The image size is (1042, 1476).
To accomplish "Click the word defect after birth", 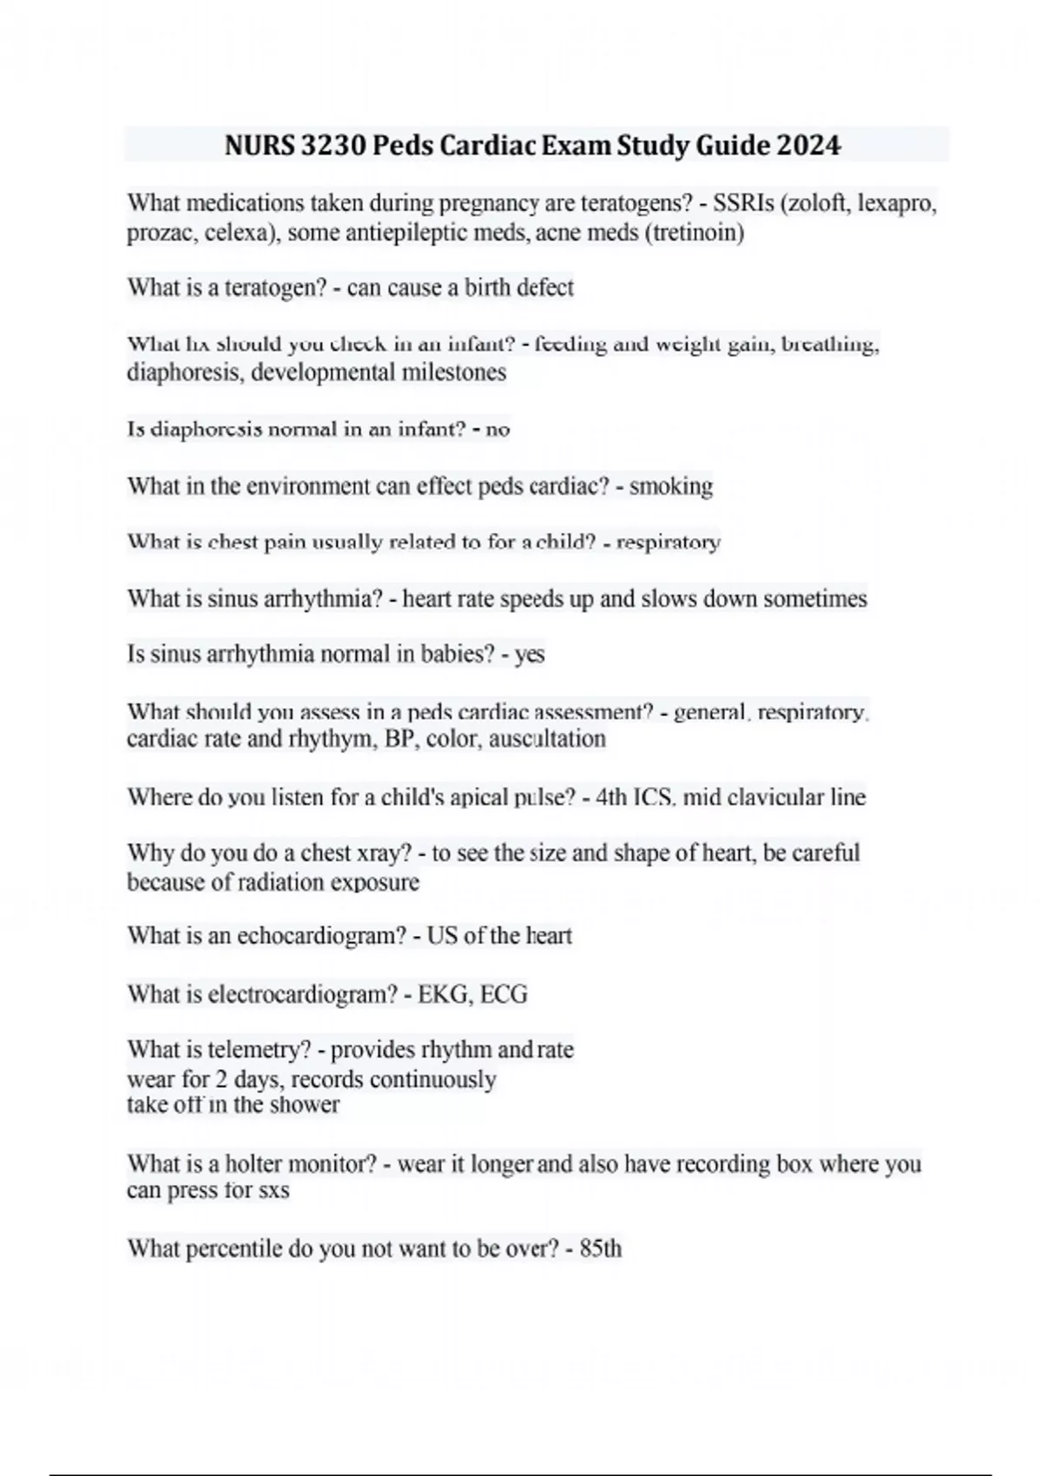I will pos(545,287).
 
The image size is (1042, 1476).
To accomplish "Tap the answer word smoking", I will pos(670,486).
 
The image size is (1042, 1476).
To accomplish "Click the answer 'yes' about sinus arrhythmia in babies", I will pos(530,654).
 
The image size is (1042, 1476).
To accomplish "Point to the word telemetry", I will pos(259,1050).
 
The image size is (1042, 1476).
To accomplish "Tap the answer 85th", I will pos(600,1249).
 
